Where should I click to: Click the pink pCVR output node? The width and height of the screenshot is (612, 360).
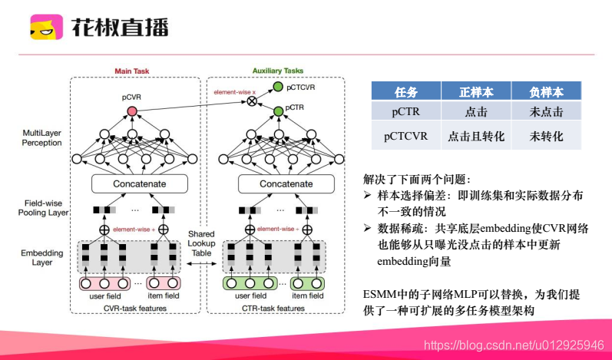click(131, 111)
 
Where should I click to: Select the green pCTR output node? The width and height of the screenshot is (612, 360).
click(278, 112)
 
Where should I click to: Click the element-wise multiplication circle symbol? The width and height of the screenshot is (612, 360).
click(251, 101)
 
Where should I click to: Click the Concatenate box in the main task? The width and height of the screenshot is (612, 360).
click(139, 184)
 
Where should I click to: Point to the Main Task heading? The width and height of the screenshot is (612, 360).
click(131, 71)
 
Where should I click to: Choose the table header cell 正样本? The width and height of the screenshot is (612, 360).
click(476, 91)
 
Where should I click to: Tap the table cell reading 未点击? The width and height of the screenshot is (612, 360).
click(547, 112)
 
